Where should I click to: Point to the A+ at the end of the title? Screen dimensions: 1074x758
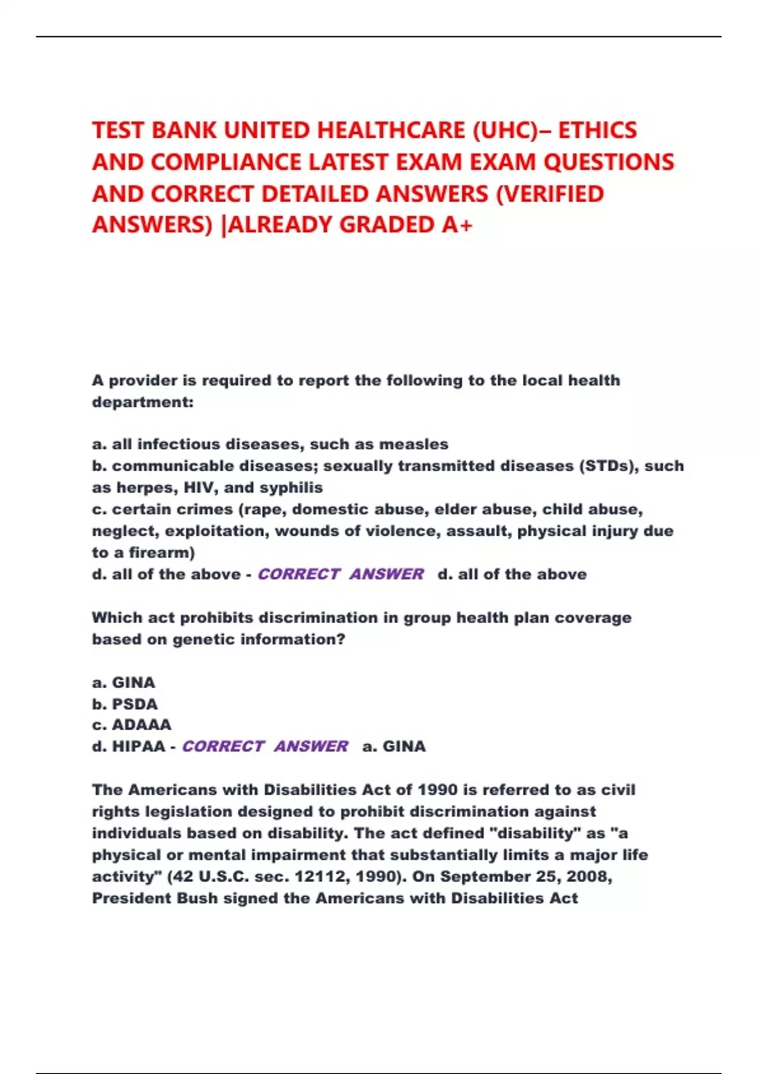[457, 224]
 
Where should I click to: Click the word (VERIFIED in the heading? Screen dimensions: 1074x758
[550, 194]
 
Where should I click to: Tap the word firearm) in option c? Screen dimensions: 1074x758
[162, 553]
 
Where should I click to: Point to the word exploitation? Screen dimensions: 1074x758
[215, 531]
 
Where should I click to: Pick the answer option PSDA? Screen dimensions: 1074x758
[135, 704]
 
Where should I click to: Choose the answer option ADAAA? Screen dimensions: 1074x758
[141, 725]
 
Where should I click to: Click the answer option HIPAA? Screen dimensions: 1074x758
[138, 747]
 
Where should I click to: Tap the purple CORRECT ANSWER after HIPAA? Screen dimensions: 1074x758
[265, 747]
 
